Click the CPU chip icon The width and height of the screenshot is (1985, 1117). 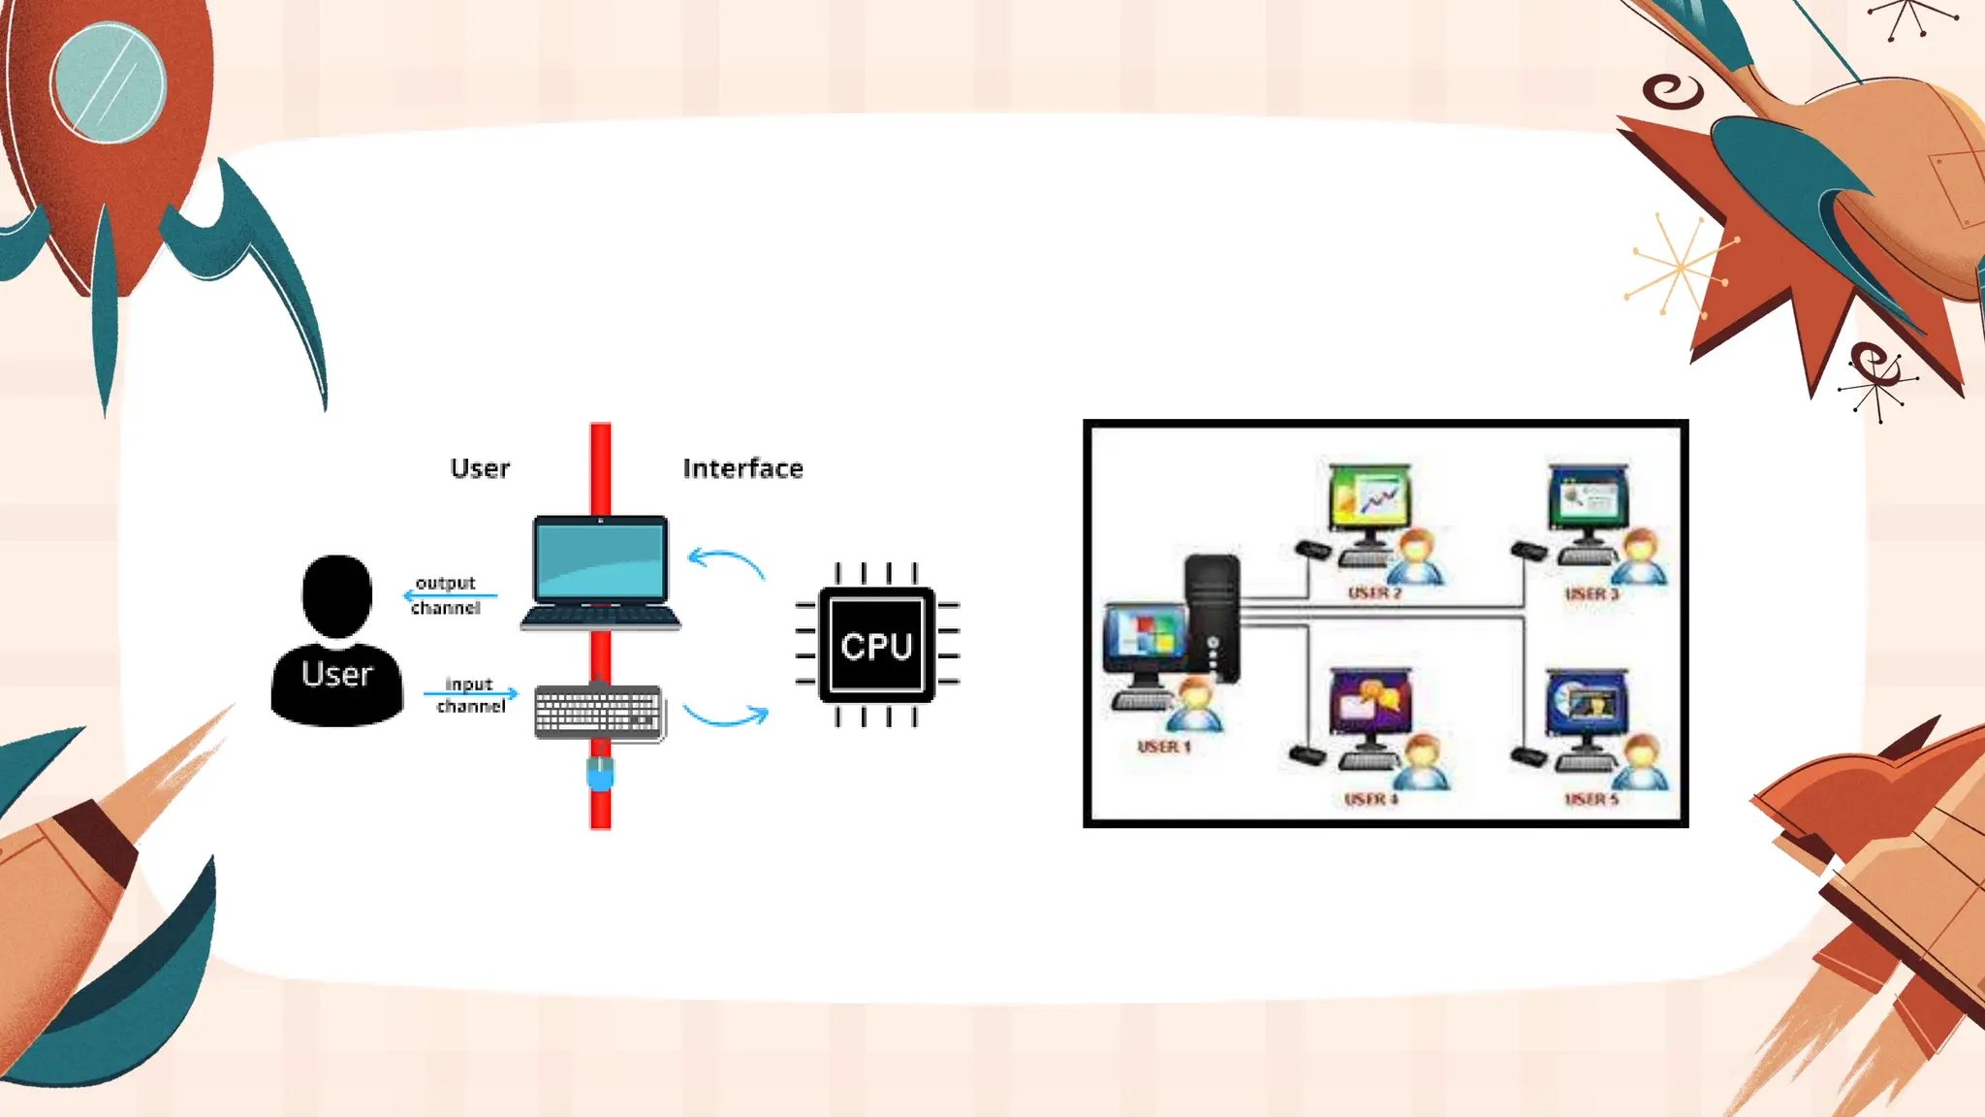877,645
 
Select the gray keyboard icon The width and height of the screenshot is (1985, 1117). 598,713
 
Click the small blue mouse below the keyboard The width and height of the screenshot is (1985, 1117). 600,774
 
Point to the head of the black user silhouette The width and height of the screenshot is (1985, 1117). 336,594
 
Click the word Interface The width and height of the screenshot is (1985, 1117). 742,469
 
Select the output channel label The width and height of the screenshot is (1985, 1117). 445,595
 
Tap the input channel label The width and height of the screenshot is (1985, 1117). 470,695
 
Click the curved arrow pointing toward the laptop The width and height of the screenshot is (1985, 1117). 726,562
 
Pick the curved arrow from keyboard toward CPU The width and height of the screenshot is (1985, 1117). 726,716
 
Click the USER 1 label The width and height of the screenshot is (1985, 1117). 1163,747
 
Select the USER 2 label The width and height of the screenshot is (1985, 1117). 1374,592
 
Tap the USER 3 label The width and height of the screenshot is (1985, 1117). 1591,593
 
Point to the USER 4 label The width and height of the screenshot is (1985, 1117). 1371,799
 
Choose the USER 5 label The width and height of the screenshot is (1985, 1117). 1591,799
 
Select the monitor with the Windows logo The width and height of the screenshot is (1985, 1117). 1146,638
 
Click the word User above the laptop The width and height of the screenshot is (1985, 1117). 480,469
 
